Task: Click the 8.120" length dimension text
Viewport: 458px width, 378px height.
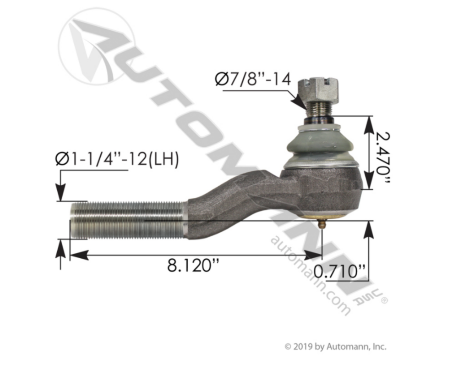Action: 193,266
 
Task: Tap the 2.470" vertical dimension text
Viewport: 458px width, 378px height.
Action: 382,158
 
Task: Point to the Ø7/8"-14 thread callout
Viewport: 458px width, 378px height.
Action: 253,79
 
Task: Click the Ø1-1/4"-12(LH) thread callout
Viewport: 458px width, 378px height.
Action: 117,160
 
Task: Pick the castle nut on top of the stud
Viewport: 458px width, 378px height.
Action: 318,88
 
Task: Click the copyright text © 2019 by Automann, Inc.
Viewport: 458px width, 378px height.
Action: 336,347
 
